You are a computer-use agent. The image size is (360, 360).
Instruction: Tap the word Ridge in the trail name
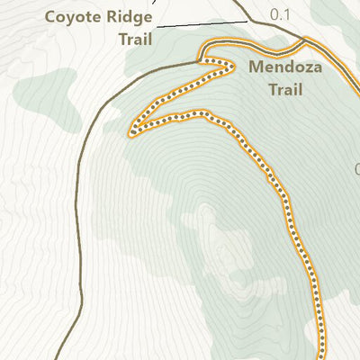[124, 17]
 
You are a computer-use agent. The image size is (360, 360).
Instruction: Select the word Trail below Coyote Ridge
[135, 39]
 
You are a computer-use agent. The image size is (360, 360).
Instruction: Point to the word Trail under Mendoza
[284, 89]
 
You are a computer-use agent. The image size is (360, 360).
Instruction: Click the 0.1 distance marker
[281, 15]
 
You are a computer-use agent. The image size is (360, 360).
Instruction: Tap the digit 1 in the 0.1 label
[289, 15]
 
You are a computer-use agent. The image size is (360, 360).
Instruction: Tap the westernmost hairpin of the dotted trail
[132, 132]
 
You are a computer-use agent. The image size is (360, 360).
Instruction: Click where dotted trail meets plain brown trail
[200, 61]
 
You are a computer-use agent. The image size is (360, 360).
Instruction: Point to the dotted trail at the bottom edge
[320, 355]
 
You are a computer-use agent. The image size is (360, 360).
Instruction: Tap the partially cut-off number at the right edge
[356, 169]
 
